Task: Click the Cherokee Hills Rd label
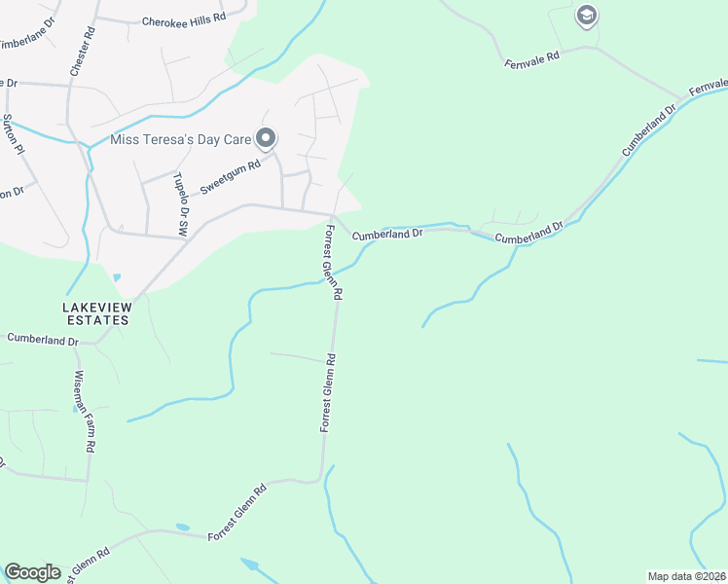(183, 19)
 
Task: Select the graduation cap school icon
(586, 16)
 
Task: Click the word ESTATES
(95, 319)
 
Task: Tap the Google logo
(32, 572)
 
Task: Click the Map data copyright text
(686, 576)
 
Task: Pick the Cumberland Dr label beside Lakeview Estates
(42, 340)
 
